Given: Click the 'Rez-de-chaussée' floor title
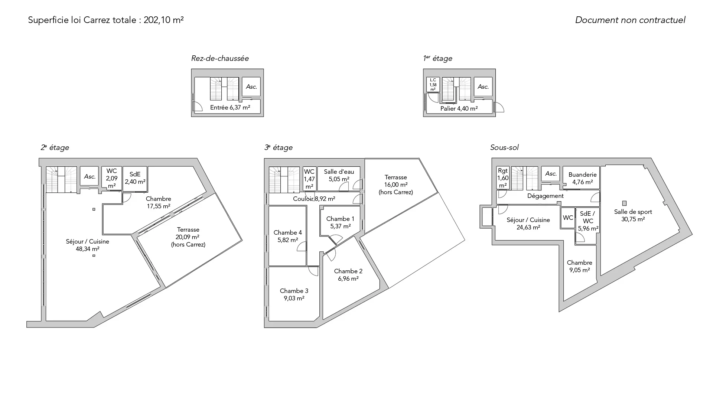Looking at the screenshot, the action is (x=220, y=58).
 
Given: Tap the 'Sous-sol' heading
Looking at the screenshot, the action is (x=504, y=147).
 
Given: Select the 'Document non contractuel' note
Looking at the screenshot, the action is (x=630, y=20).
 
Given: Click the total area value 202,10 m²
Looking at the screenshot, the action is (x=164, y=20).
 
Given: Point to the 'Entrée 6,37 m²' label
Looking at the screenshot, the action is (x=230, y=108).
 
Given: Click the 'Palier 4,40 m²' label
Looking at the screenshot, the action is (x=459, y=109).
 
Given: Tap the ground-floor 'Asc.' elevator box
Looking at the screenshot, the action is (x=251, y=87).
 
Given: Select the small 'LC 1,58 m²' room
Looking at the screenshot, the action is (x=433, y=85).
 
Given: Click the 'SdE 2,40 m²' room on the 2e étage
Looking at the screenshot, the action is (x=135, y=178).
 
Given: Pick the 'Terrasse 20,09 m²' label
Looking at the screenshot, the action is (x=188, y=237).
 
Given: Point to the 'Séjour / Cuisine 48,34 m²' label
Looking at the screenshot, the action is (x=88, y=245).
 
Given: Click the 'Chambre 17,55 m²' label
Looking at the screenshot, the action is (x=159, y=202).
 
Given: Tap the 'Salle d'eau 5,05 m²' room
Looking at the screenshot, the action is (x=339, y=179).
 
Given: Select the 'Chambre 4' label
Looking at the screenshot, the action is (x=288, y=232).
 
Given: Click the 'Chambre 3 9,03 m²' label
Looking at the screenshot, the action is (x=294, y=294).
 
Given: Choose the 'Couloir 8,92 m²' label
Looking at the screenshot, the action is (x=314, y=199).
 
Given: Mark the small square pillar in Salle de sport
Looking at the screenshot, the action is (x=624, y=203).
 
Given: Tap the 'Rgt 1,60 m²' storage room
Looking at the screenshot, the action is (x=503, y=177).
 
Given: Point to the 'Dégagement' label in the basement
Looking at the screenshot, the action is (x=546, y=196).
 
